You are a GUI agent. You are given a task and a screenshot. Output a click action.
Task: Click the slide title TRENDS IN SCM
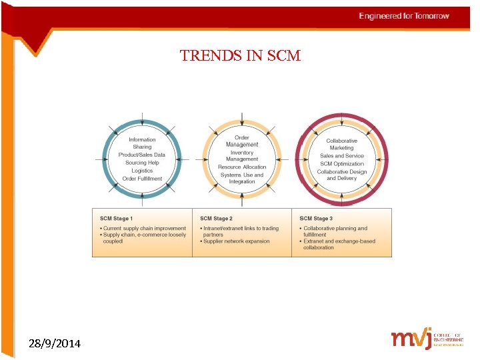[x=240, y=56]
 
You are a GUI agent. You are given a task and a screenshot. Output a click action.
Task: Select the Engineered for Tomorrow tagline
[x=404, y=16]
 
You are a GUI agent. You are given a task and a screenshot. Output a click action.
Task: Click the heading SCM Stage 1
[x=116, y=219]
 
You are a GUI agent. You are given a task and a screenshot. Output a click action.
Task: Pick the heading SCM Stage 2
[x=216, y=219]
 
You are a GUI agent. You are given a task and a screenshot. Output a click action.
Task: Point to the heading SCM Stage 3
[x=316, y=219]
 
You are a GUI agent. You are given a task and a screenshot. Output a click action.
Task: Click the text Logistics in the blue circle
[x=142, y=171]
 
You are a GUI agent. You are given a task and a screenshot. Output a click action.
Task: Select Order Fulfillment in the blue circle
[x=142, y=179]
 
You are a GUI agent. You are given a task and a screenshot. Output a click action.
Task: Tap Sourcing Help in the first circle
[x=142, y=163]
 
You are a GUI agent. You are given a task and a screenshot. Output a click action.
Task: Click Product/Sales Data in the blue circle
[x=142, y=155]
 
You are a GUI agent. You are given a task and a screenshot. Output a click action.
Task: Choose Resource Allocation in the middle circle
[x=242, y=167]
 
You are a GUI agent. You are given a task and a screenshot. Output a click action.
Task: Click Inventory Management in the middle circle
[x=242, y=156]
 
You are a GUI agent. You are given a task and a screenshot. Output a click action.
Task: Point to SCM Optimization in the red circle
[x=342, y=163]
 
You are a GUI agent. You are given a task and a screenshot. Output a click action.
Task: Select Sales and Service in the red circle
[x=342, y=156]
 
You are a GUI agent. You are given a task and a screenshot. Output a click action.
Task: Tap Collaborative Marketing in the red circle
[x=342, y=144]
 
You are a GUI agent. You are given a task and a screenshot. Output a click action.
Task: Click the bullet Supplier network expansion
[x=236, y=241]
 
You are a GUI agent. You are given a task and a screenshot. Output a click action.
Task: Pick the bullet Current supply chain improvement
[x=144, y=229]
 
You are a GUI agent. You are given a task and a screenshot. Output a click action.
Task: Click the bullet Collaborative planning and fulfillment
[x=335, y=231]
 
